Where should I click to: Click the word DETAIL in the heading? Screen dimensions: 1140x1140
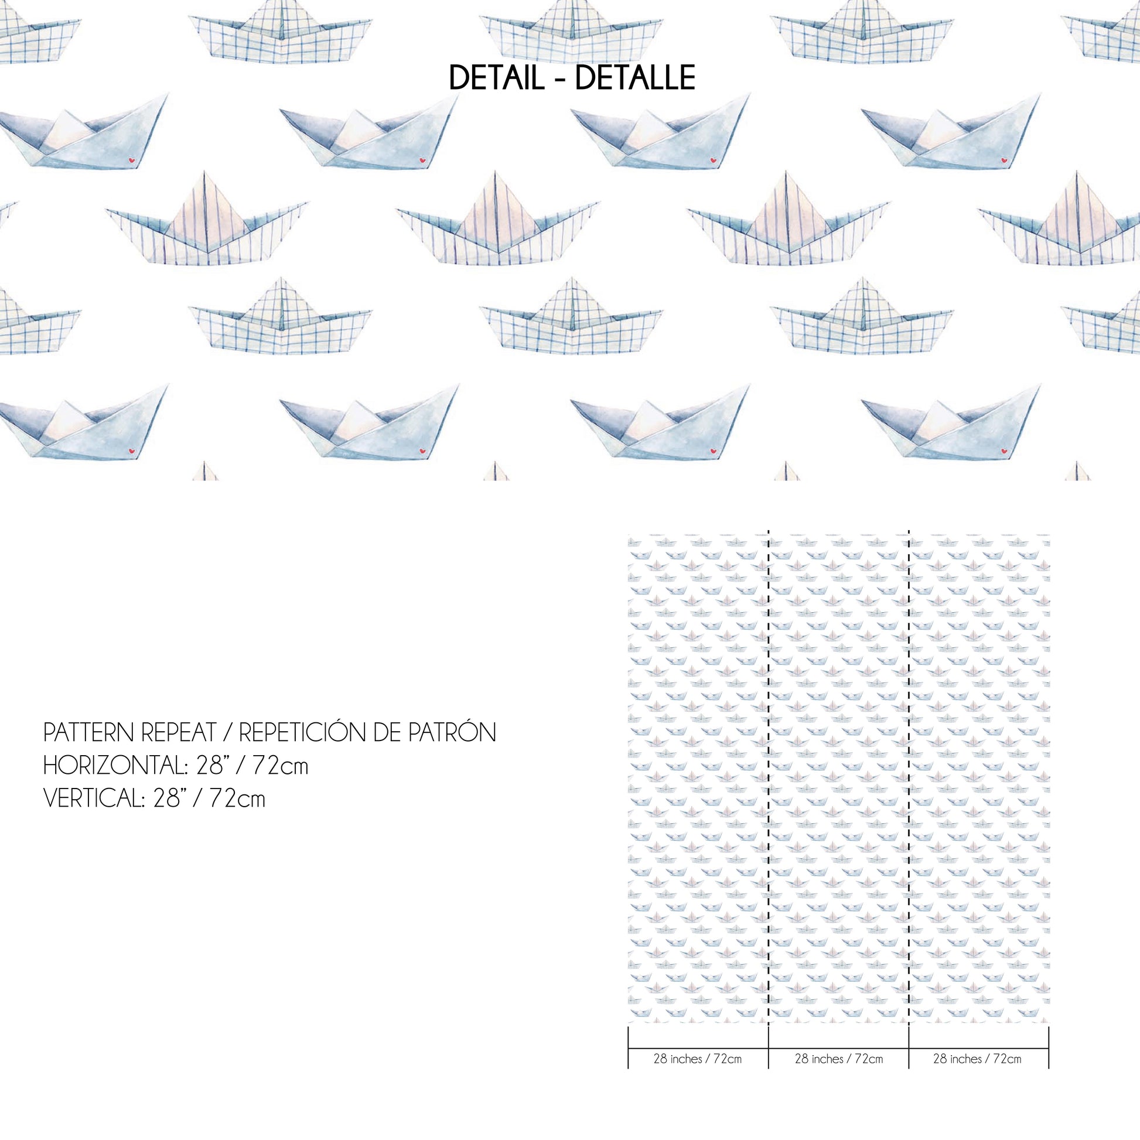tap(496, 78)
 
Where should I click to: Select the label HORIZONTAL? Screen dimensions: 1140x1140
tap(115, 766)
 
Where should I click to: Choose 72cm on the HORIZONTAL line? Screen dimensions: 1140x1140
tap(280, 766)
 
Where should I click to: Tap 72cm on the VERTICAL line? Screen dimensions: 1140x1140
tap(237, 799)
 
